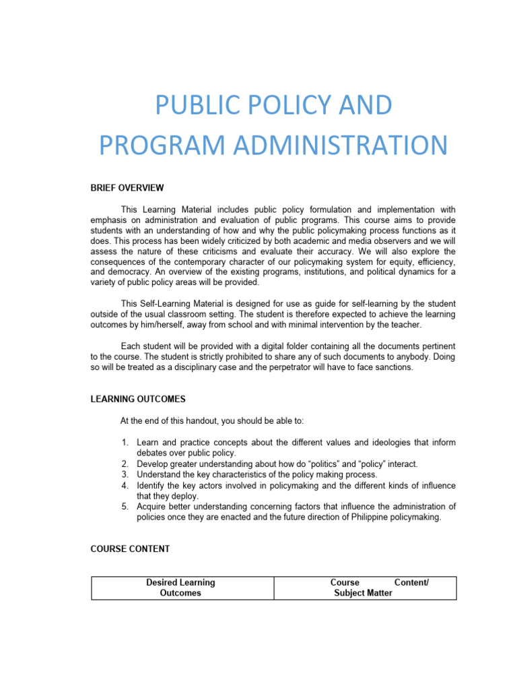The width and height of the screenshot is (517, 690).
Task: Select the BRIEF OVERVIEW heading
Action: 127,187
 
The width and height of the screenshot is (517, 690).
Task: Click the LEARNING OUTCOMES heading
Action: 138,399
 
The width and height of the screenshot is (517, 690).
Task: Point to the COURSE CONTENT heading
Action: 130,548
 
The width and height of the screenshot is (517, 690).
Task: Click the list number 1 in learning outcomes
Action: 125,443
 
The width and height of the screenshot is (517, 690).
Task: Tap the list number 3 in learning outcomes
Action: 125,474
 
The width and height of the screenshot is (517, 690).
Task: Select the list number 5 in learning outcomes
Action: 125,507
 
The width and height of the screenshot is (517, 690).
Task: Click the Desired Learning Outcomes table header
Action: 181,588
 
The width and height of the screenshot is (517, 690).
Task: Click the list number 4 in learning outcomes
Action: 125,485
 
